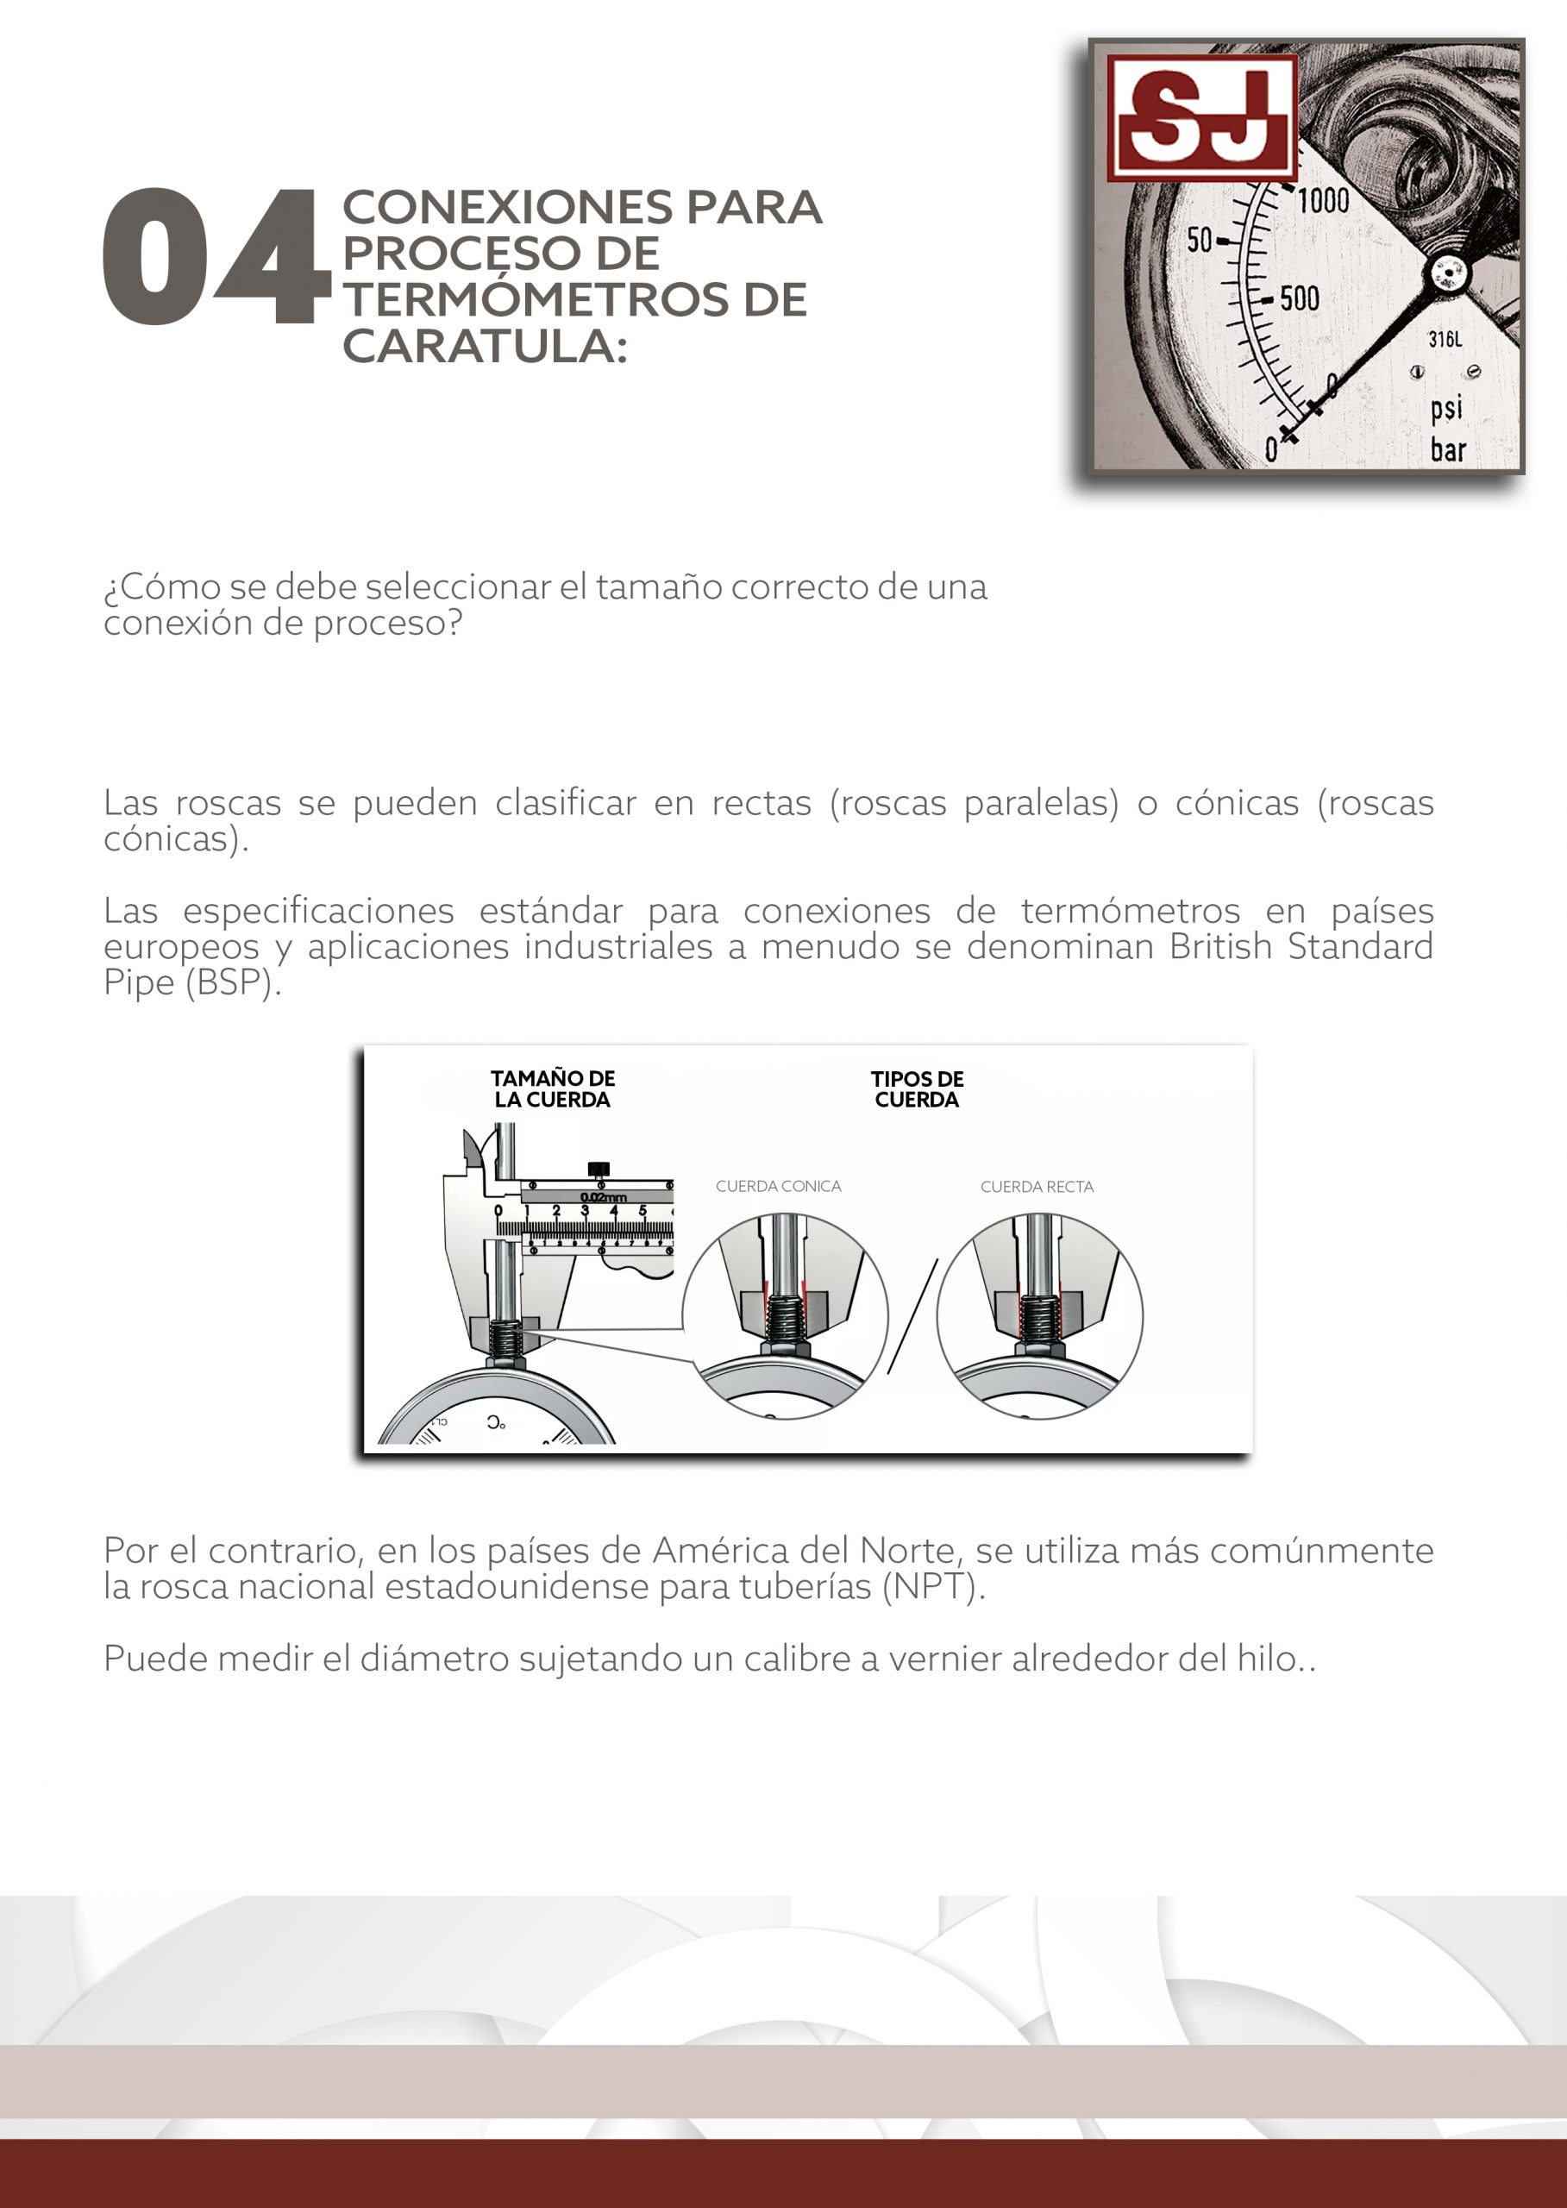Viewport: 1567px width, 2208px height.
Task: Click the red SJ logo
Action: pyautogui.click(x=1201, y=118)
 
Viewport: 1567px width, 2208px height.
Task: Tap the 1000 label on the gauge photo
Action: pyautogui.click(x=1323, y=201)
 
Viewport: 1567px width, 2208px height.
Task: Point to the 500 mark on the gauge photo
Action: pyautogui.click(x=1300, y=298)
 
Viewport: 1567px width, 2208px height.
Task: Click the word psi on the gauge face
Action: pyautogui.click(x=1446, y=408)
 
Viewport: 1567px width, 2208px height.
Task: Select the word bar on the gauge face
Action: pyautogui.click(x=1447, y=449)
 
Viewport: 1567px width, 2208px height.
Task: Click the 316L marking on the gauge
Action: pyautogui.click(x=1445, y=340)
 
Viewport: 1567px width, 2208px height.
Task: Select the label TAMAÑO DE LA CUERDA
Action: pyautogui.click(x=552, y=1088)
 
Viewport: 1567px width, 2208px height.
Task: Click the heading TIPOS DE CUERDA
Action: pyautogui.click(x=917, y=1088)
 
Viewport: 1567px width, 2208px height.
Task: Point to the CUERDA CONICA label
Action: pyautogui.click(x=778, y=1186)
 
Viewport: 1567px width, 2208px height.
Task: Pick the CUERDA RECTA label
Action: pyautogui.click(x=1037, y=1187)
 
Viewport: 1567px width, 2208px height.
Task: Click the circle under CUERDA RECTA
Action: pyautogui.click(x=1039, y=1316)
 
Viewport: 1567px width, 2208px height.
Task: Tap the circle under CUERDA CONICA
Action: pyautogui.click(x=785, y=1316)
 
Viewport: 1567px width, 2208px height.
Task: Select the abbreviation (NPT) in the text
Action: pyautogui.click(x=933, y=1586)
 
